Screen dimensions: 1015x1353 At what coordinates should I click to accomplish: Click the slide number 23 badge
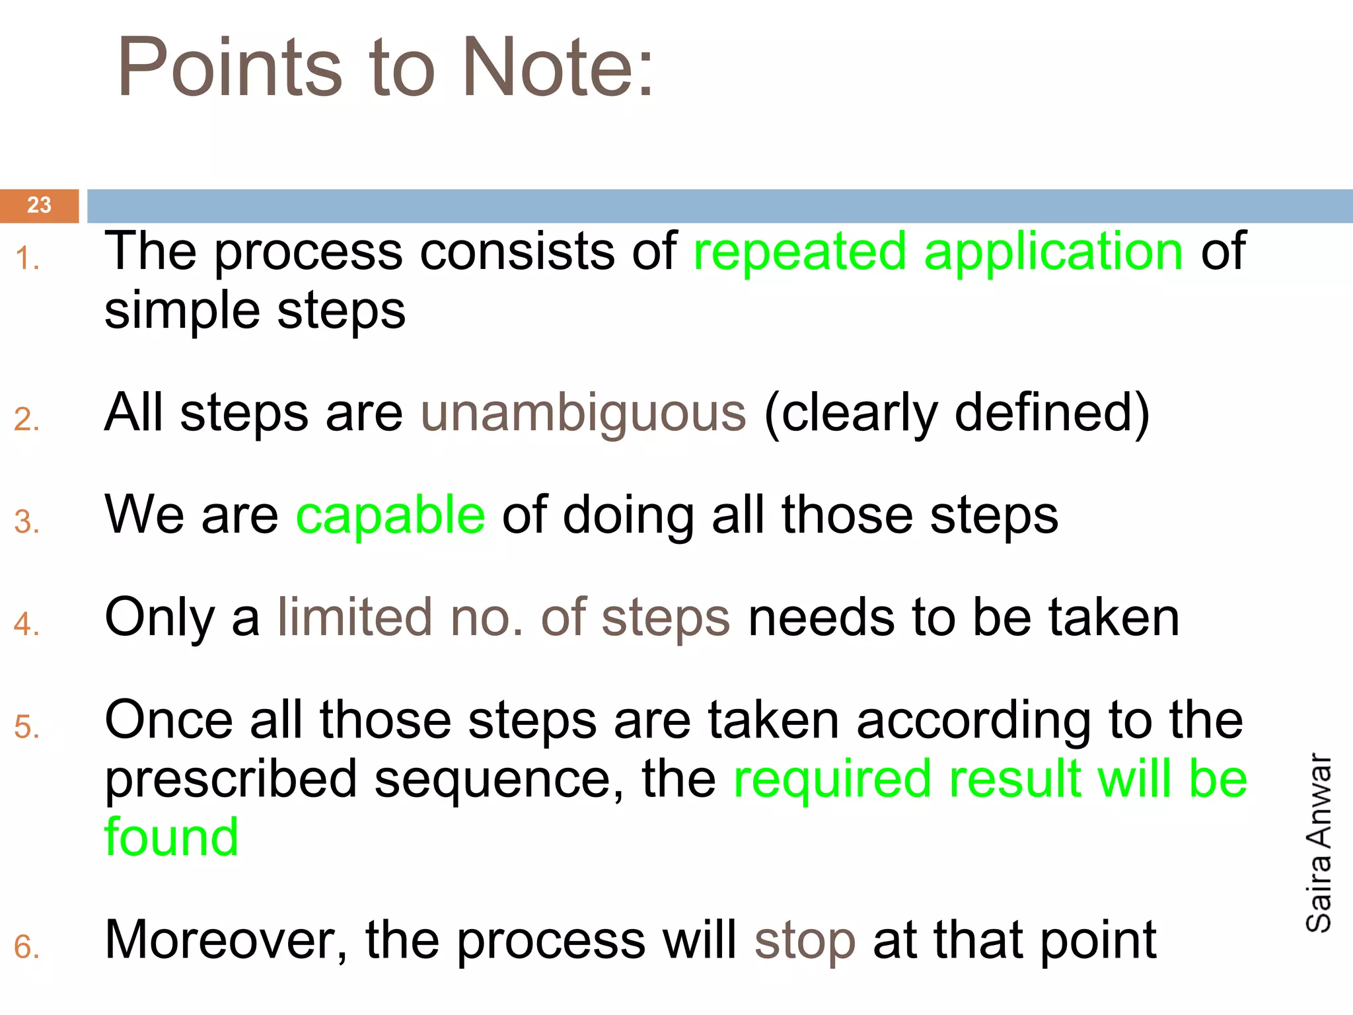coord(39,206)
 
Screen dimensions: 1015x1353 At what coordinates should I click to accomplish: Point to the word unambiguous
coord(583,413)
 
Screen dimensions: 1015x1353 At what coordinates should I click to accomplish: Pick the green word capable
coord(390,515)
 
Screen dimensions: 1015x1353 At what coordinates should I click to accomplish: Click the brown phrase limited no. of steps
coord(503,618)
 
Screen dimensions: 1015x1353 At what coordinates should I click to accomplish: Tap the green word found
coord(172,837)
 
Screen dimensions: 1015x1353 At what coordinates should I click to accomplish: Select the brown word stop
coord(805,940)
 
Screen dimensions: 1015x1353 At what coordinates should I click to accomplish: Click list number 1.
coord(26,258)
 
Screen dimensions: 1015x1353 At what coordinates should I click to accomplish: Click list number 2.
coord(26,420)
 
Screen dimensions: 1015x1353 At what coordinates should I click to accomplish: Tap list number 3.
coord(26,523)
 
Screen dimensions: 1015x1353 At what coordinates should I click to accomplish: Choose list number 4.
coord(26,624)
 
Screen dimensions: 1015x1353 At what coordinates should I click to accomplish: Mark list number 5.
coord(26,727)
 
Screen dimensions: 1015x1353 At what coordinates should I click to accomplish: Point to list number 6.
coord(26,948)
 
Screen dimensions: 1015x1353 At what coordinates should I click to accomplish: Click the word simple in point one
coord(182,311)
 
